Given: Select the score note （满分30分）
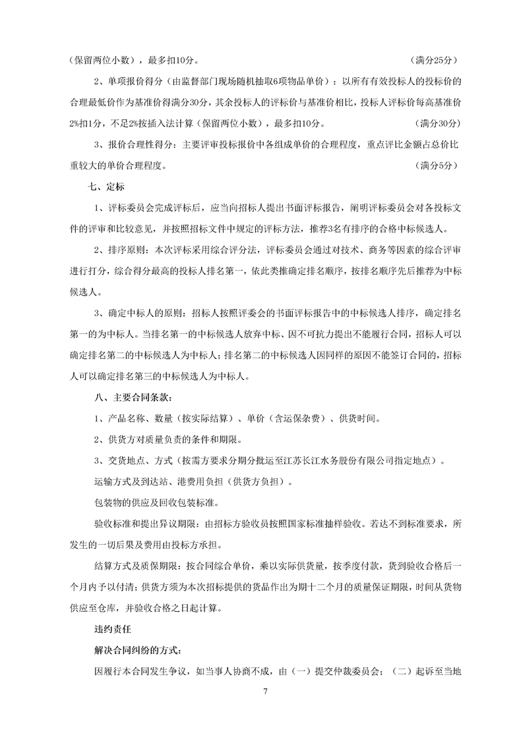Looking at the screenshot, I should (433, 123).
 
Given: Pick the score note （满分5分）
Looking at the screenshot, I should (436, 165).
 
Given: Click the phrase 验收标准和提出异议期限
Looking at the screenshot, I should (142, 524).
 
